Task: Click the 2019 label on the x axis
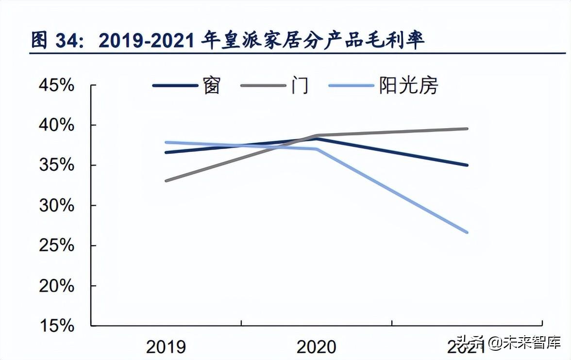[166, 347]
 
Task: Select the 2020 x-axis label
[316, 347]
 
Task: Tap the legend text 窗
[212, 86]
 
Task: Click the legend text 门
[300, 86]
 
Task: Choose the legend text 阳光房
[408, 86]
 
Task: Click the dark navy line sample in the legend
[175, 86]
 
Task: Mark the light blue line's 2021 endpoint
[467, 232]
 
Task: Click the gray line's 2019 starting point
[166, 180]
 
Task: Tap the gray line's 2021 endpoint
[467, 129]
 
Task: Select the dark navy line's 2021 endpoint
[467, 165]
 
